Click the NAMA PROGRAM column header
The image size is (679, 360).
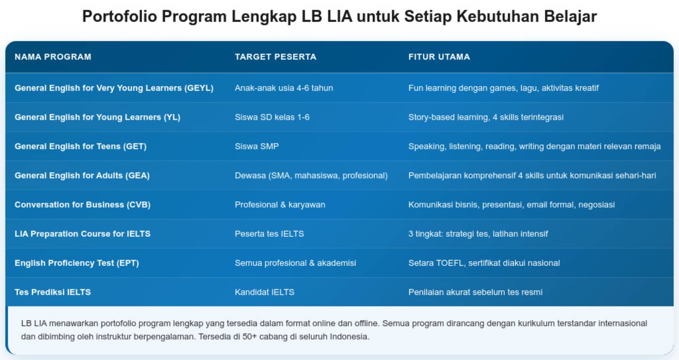53,57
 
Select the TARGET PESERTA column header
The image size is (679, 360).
275,57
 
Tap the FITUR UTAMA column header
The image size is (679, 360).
439,57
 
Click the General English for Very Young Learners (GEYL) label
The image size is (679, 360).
114,88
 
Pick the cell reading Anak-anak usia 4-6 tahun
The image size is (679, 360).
284,88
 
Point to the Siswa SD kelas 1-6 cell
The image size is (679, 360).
272,117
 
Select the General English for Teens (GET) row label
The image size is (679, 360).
80,146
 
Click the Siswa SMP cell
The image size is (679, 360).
256,146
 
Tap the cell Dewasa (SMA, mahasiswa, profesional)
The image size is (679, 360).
311,176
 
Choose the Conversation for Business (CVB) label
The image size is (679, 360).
82,205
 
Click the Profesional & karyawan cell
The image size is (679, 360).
280,205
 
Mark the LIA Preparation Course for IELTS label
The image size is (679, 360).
82,234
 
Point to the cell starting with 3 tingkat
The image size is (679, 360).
478,234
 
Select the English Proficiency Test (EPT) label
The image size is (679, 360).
77,263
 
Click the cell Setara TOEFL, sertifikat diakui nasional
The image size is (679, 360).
484,263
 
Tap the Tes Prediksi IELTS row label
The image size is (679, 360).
52,292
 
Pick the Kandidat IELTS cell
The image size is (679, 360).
264,292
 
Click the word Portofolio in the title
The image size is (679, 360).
120,17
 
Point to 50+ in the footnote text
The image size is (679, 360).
250,337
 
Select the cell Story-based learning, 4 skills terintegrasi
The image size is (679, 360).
486,117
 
